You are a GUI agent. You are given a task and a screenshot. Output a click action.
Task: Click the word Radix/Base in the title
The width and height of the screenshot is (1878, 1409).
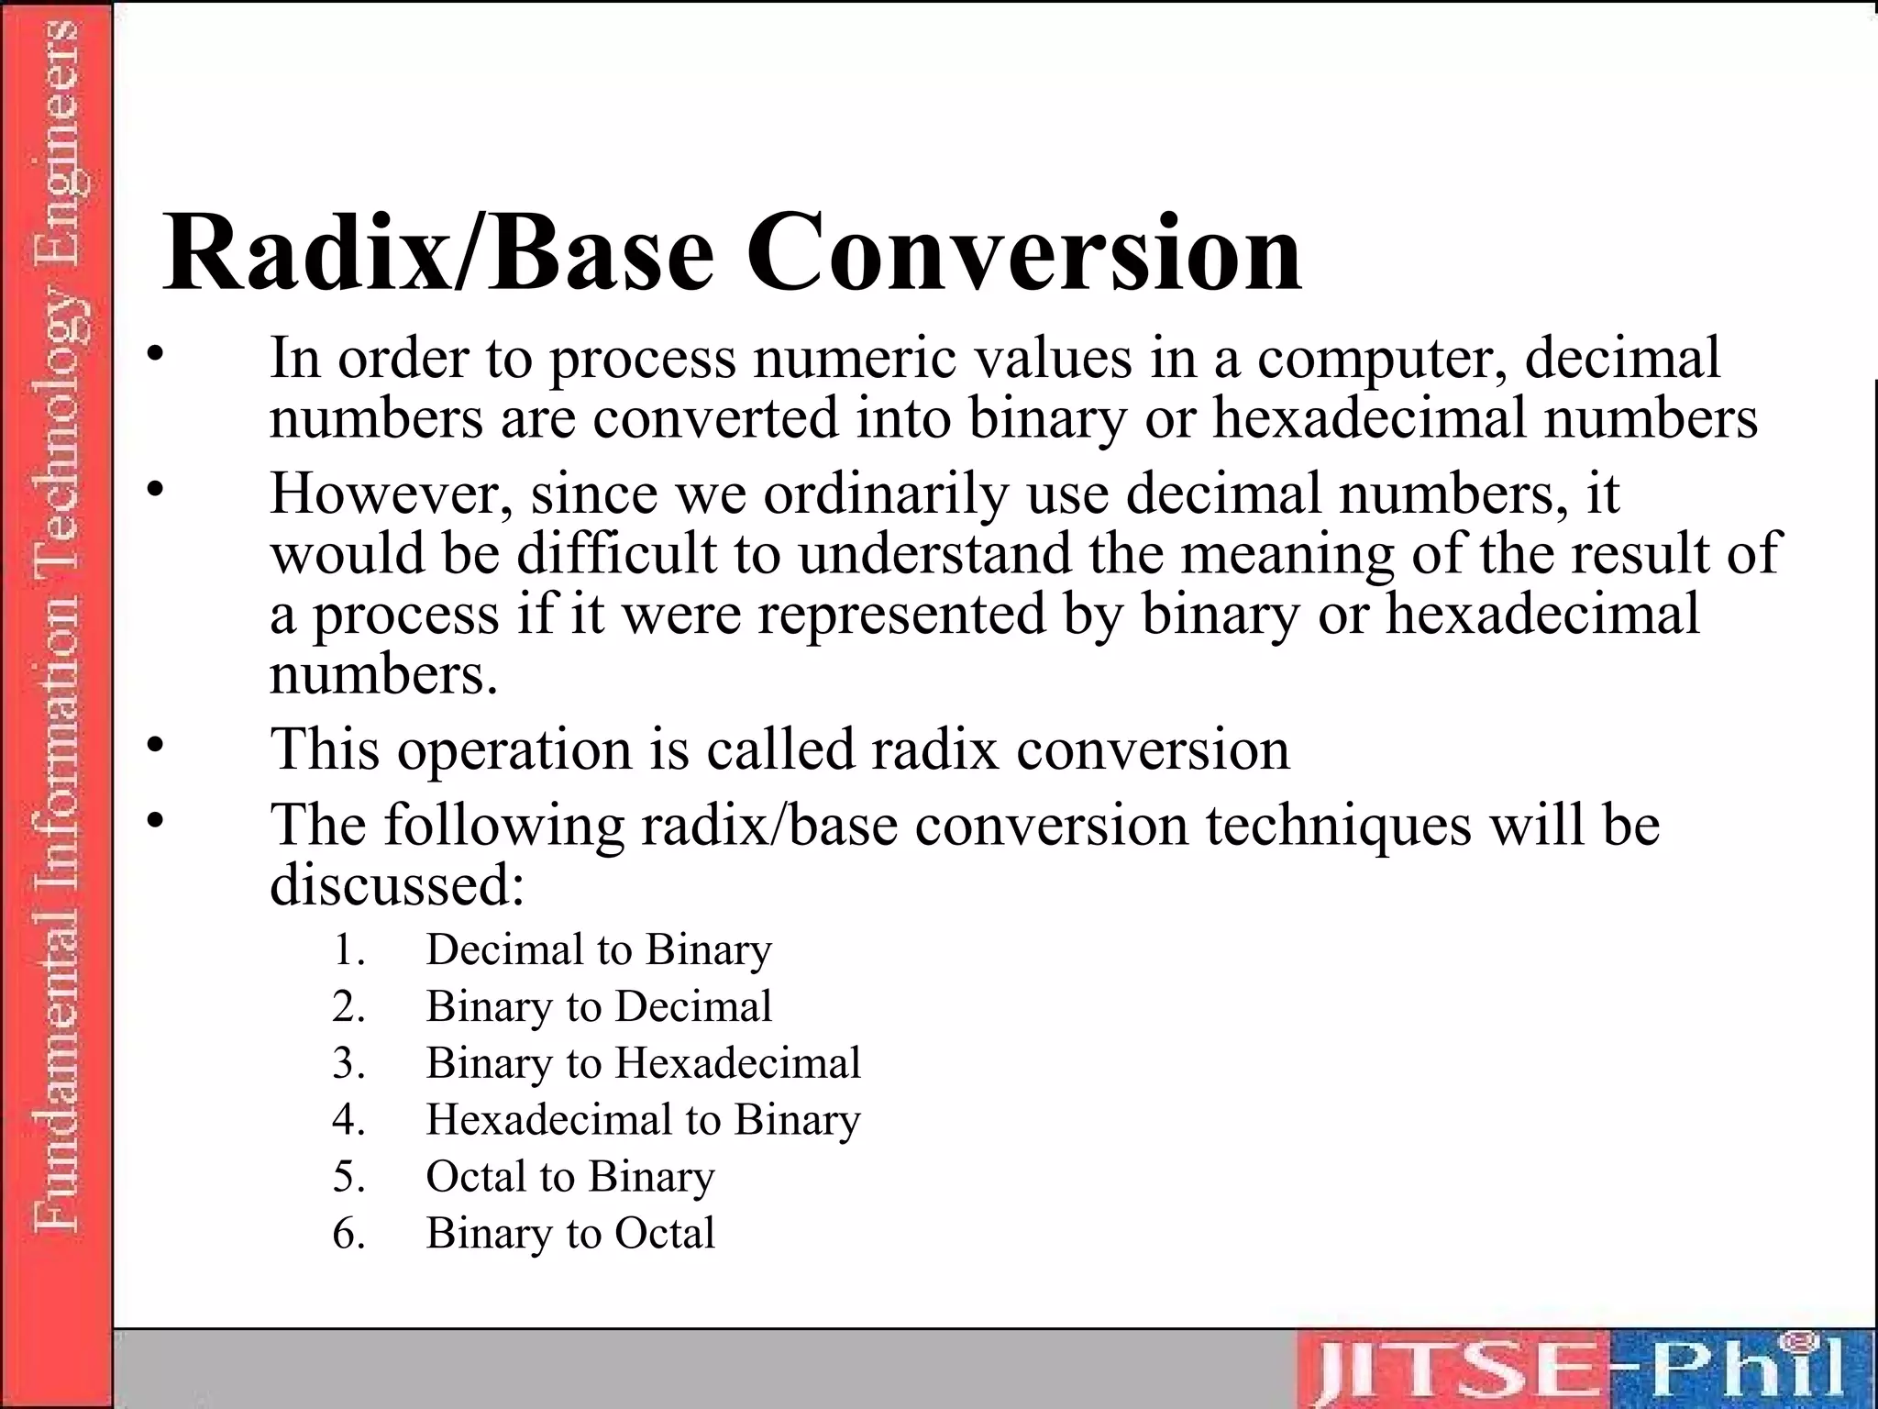point(438,253)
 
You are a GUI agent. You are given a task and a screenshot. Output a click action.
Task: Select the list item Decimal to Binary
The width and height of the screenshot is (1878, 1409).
point(598,949)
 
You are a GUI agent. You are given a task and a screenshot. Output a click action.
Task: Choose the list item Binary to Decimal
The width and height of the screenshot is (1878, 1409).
point(598,1006)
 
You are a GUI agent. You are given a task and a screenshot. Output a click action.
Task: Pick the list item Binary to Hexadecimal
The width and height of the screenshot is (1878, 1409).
point(643,1063)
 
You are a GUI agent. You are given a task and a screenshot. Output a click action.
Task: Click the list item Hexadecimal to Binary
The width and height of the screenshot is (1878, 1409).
point(643,1120)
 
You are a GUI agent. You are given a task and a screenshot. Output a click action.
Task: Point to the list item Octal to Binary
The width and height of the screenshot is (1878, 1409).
point(569,1177)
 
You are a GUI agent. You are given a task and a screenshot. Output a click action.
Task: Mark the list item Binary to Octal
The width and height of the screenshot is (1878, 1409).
point(569,1234)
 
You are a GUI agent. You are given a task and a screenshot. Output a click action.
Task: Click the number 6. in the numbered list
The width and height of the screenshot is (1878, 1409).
point(348,1234)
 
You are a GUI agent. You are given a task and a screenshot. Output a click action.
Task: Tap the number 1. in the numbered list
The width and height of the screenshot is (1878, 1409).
point(348,949)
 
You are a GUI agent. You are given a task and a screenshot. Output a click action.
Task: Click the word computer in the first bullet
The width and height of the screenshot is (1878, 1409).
point(1383,360)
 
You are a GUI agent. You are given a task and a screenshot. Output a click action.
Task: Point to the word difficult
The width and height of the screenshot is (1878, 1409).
point(616,554)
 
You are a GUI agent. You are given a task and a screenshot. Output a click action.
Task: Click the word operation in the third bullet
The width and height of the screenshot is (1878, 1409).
point(514,749)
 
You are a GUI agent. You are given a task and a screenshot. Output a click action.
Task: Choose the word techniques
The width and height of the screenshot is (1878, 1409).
point(1338,824)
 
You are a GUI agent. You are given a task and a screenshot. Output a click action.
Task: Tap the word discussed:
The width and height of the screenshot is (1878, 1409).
point(397,884)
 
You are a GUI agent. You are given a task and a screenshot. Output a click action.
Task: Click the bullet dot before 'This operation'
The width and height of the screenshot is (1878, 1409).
point(157,743)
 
